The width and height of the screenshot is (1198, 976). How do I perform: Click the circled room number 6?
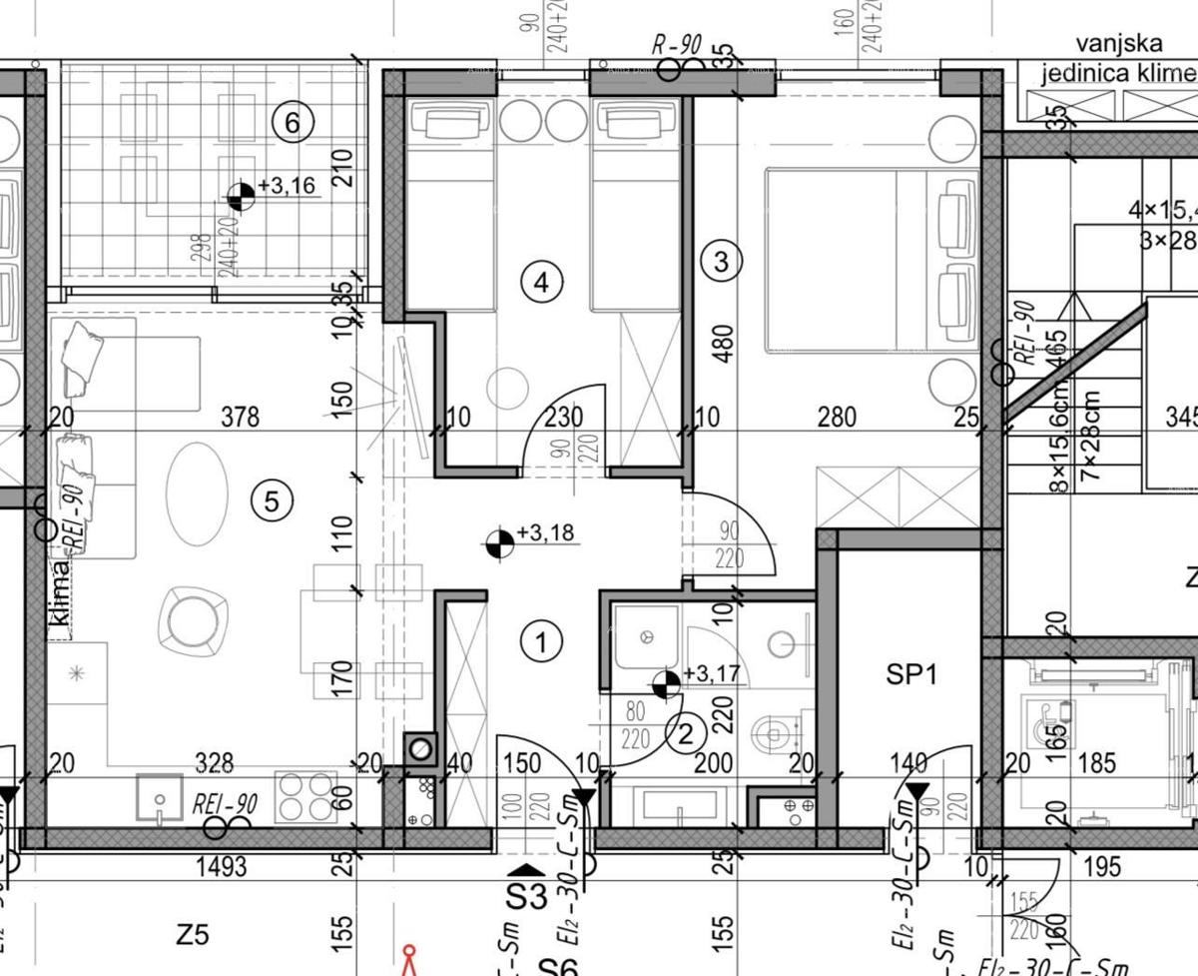coord(292,123)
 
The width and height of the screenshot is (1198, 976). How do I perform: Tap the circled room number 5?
coord(273,500)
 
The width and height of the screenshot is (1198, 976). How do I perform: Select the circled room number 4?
coord(541,283)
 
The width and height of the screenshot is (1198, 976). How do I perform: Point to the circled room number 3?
coord(723,262)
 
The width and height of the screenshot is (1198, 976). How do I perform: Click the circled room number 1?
coord(542,641)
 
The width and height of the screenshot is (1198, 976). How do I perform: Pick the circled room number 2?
coord(686,736)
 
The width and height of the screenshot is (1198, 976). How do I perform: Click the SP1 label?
coord(911,675)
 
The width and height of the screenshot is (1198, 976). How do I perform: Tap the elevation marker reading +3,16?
coord(241,197)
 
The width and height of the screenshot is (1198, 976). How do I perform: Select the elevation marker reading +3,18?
coord(498,543)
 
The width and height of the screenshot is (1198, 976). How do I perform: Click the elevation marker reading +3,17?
coord(665,685)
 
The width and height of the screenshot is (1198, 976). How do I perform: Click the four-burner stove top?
coord(306,797)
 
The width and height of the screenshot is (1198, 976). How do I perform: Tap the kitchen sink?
coord(160,797)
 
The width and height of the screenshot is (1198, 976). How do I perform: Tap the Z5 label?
coord(192,935)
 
